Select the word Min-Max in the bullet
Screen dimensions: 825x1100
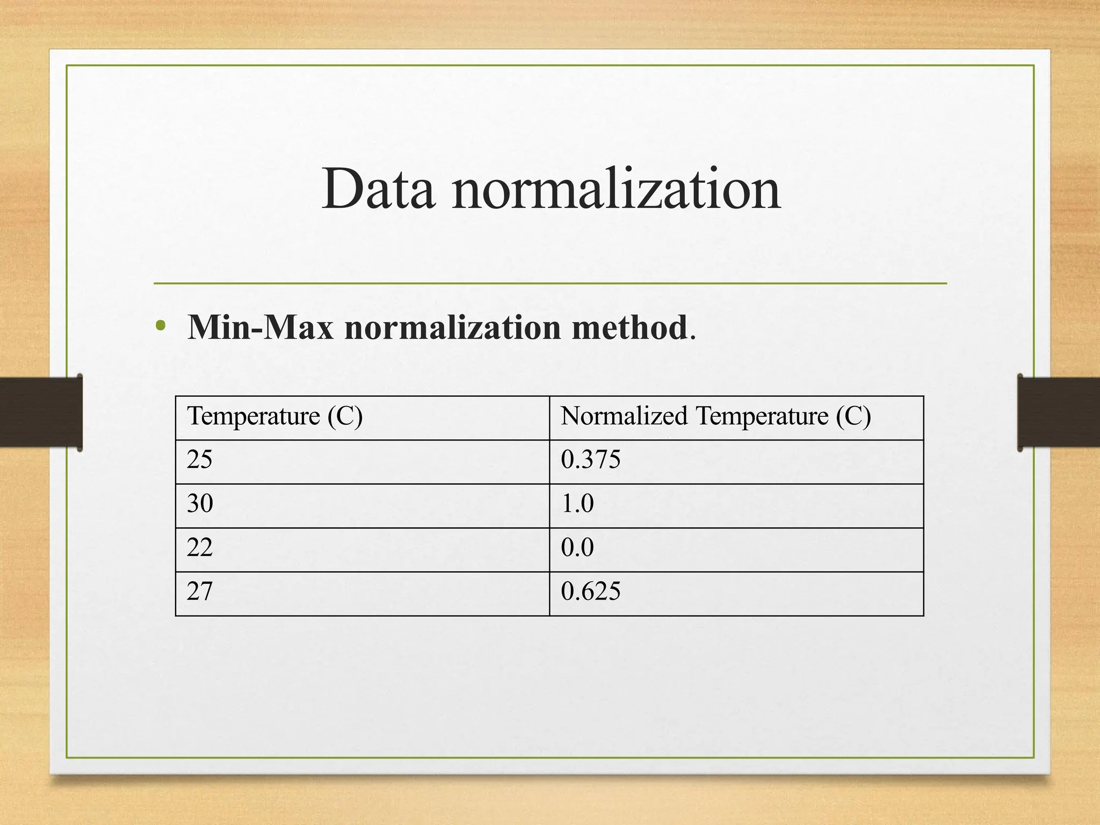(260, 327)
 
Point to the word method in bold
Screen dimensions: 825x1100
(629, 327)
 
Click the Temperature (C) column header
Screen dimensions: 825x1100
(275, 416)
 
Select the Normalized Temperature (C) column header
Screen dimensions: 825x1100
(715, 416)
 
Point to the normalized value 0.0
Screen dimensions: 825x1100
(577, 548)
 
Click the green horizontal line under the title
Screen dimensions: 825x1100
(550, 283)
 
